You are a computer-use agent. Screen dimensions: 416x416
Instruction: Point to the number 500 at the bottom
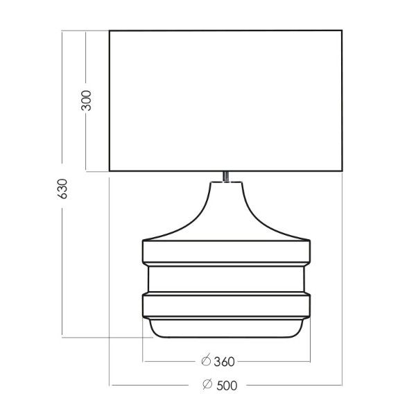[223, 385]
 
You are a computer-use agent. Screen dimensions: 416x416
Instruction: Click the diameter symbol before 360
[205, 361]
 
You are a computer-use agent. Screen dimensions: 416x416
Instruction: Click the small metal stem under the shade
[226, 176]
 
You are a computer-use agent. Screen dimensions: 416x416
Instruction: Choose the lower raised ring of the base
[226, 305]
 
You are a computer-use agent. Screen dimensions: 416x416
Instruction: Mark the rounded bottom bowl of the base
[226, 329]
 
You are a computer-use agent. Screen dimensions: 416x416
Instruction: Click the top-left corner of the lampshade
[110, 31]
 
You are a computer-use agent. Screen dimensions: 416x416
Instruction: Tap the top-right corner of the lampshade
[342, 31]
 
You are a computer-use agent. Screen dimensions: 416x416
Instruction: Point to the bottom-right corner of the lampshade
[342, 171]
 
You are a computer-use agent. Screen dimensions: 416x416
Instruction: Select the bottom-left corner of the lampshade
[110, 171]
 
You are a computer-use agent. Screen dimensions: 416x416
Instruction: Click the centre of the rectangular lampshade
[226, 101]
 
